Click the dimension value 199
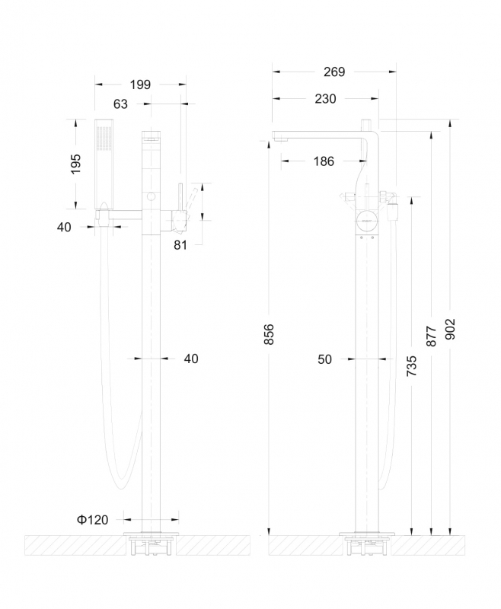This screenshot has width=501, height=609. click(140, 84)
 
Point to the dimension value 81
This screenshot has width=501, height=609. click(180, 245)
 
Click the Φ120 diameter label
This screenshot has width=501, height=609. click(92, 519)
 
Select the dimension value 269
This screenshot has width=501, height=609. click(333, 72)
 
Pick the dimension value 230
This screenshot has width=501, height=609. click(324, 98)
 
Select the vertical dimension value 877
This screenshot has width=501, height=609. click(432, 336)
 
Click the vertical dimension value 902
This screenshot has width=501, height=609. click(452, 327)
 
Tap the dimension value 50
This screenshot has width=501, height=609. click(325, 359)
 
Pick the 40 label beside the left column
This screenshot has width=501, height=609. click(190, 359)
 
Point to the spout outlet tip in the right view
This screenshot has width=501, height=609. click(279, 138)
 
